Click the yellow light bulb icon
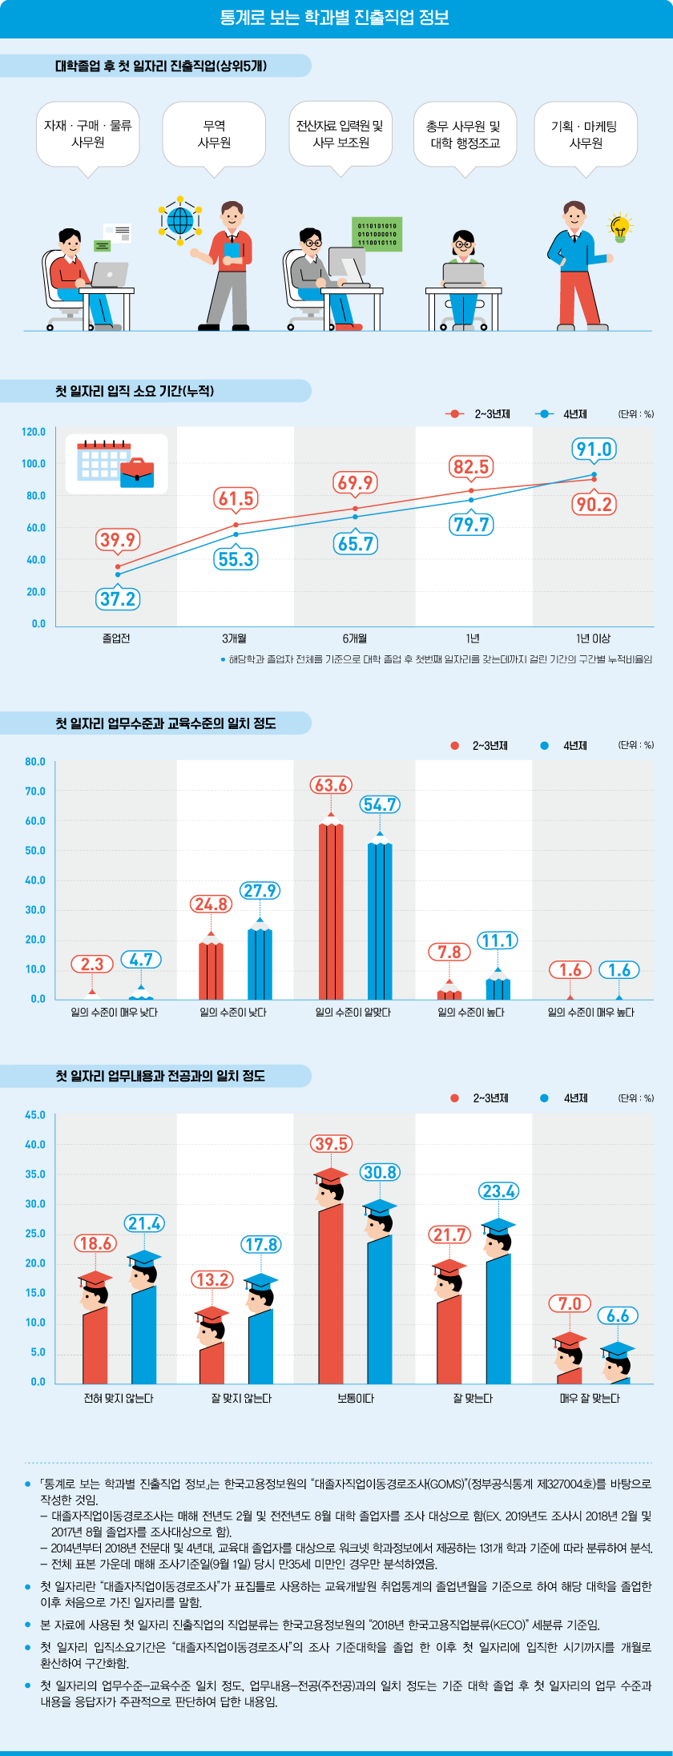619,227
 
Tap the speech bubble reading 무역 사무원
214,135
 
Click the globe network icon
180,219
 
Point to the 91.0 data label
594,449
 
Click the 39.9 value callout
118,540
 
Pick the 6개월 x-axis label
354,638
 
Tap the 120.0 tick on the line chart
34,433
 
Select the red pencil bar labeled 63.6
331,910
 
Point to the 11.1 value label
498,940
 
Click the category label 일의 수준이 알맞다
353,1013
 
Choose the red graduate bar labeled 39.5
331,1290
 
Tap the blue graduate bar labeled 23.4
498,1314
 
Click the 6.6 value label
618,1315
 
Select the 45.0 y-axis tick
35,1115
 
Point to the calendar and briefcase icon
116,464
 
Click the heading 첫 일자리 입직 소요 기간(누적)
135,391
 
